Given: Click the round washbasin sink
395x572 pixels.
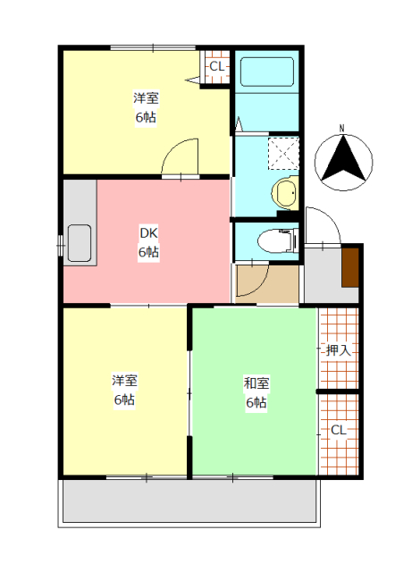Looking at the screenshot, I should click(285, 192).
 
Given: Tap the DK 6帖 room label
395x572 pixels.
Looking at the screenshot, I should click(147, 243).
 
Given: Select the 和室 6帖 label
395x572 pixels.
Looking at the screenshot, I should click(256, 392).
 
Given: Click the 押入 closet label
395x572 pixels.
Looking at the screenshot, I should click(338, 349).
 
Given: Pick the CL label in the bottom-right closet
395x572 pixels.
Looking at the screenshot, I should click(338, 430).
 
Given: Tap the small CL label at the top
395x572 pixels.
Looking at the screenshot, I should click(217, 66).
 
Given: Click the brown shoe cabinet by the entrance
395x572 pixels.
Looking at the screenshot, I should click(350, 265).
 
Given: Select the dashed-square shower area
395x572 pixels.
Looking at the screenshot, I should click(283, 153).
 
